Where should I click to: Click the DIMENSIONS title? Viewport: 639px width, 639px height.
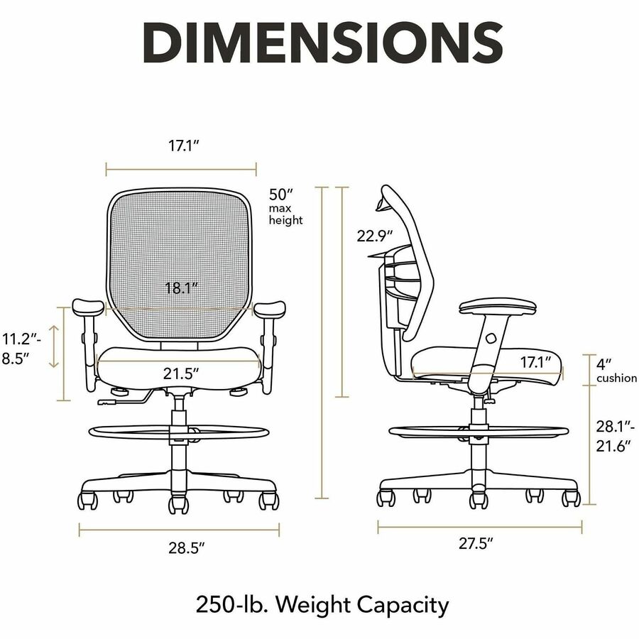pos(323,43)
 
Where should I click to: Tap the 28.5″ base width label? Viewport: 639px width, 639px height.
pos(186,548)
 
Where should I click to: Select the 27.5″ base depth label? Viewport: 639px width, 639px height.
pos(476,543)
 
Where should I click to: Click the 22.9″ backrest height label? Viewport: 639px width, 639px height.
pos(375,236)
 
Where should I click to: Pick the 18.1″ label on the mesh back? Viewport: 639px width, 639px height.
pos(181,288)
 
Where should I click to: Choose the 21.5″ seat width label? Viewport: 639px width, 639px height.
pos(181,373)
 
